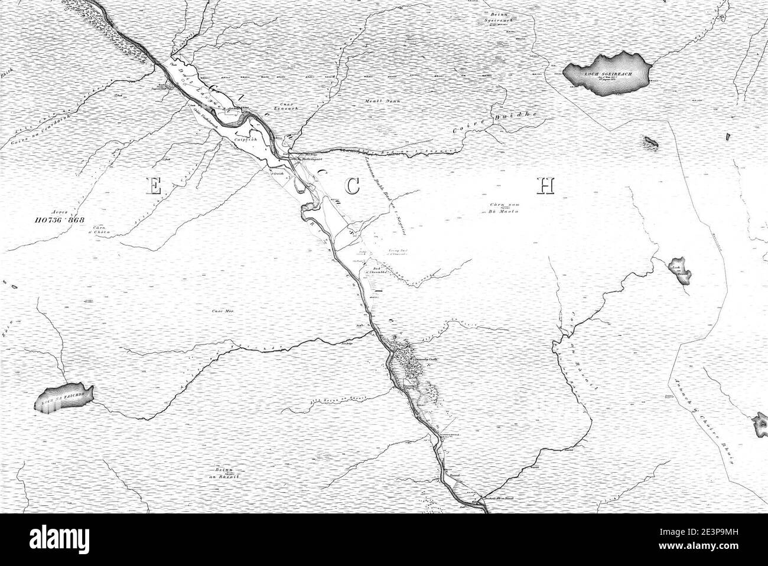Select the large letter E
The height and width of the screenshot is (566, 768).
[x=152, y=187]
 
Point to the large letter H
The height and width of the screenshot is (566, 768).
[x=546, y=185]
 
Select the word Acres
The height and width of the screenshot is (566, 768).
[x=60, y=210]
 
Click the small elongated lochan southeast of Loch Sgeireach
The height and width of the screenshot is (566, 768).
[x=652, y=142]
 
